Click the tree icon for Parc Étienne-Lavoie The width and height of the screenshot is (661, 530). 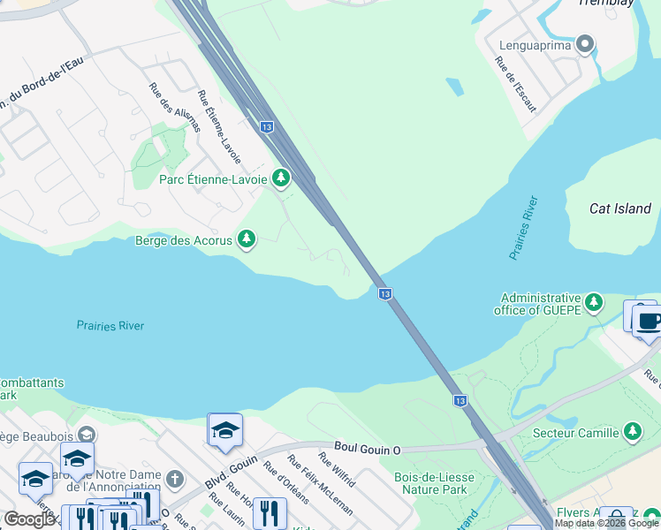coord(281,179)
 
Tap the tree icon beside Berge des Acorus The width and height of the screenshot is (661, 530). coord(247,239)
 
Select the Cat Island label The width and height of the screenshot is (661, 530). coord(620,208)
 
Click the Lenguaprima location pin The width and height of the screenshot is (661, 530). coord(584,44)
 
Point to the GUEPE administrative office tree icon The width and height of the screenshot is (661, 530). coord(595,304)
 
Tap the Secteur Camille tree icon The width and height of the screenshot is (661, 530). coord(632,433)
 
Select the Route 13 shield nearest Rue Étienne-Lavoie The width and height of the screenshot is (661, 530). coord(266,127)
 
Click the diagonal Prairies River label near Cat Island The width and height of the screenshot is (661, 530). coord(523,228)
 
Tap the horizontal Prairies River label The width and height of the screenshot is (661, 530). coord(110,326)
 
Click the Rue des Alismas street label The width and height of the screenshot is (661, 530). coord(174,108)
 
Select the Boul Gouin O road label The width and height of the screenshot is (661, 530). coord(368,450)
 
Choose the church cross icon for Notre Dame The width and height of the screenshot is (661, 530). coord(175,480)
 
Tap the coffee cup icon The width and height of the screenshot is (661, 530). coord(648,321)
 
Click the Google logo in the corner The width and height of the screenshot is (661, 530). coord(29,519)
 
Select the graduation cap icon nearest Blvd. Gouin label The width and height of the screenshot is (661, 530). coord(225,431)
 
